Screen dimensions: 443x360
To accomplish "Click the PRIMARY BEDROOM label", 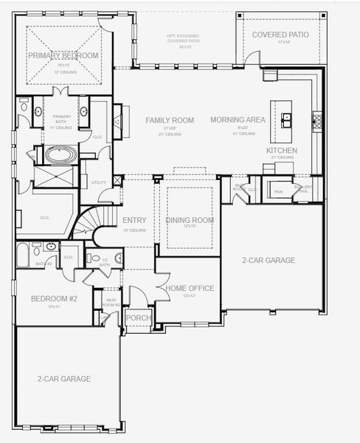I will (x=63, y=55).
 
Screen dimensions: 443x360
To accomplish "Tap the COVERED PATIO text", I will (x=280, y=34).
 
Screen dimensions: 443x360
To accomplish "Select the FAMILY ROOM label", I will (x=170, y=120).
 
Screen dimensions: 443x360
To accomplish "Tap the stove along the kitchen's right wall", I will (x=318, y=117).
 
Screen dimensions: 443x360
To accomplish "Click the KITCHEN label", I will (x=282, y=151).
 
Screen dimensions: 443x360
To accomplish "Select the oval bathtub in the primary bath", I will (x=59, y=156).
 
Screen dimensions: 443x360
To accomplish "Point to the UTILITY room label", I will (x=98, y=182).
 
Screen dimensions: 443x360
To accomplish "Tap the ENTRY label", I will (x=134, y=220).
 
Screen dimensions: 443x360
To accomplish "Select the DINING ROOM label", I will (x=190, y=220).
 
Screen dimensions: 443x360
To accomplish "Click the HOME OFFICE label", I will (x=190, y=288).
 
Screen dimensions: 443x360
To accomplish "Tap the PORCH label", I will (x=138, y=318).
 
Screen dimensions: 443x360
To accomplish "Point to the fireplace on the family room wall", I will (x=117, y=122).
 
